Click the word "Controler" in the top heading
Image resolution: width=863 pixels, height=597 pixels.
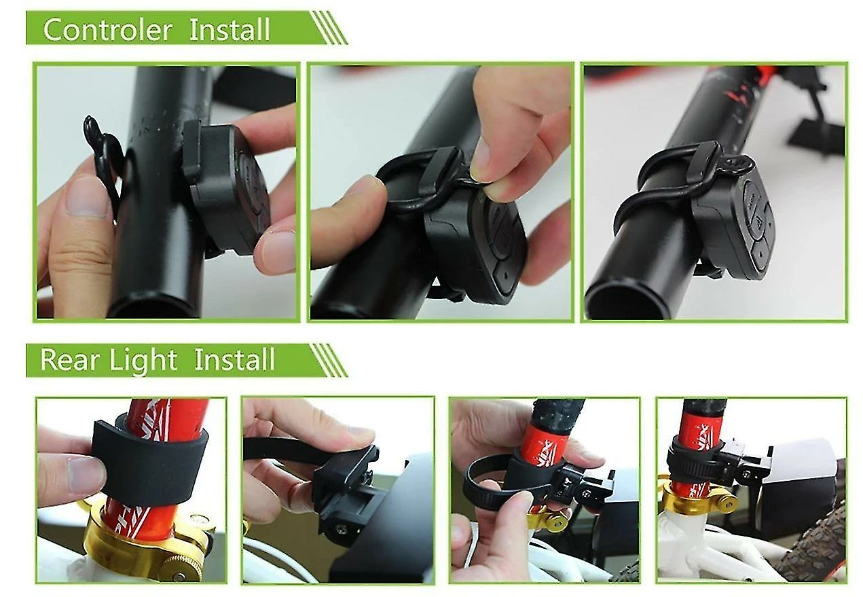pos(108,30)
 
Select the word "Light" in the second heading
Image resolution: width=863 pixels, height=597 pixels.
pos(143,361)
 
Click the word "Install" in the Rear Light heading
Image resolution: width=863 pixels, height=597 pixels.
pos(234,359)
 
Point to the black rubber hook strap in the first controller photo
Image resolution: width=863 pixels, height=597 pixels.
pos(103,154)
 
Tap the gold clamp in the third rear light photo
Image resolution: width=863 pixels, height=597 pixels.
pos(547,518)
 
